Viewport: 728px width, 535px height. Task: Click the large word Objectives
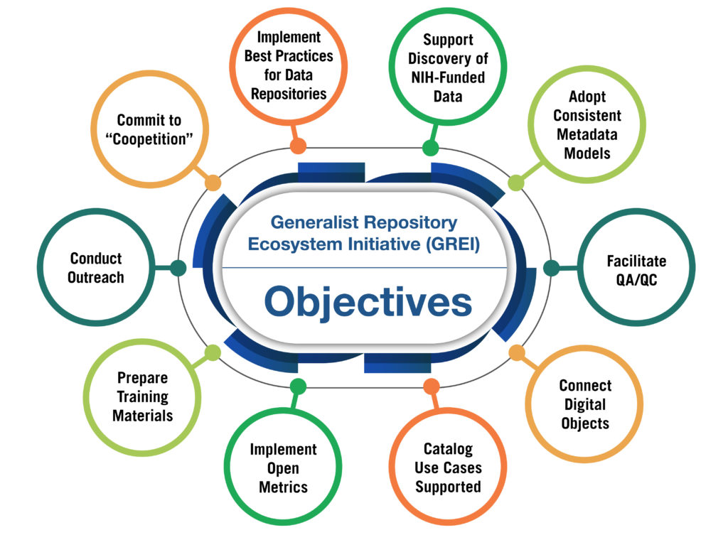click(x=368, y=302)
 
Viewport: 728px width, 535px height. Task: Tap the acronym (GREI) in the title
click(x=453, y=244)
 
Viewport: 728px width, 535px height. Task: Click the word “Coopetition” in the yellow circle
click(x=149, y=139)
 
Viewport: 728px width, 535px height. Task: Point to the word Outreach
click(x=96, y=278)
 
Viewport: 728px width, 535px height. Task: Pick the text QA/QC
click(x=636, y=280)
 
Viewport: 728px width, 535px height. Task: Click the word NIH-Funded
click(x=448, y=77)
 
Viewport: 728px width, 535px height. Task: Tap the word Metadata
click(x=587, y=134)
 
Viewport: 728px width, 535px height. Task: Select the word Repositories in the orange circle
click(x=289, y=94)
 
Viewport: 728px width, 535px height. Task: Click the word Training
click(x=142, y=397)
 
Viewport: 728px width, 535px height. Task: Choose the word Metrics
click(x=283, y=487)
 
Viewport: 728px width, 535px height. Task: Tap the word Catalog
click(x=448, y=449)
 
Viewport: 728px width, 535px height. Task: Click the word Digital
click(x=585, y=404)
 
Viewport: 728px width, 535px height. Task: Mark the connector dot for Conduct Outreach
click(x=178, y=268)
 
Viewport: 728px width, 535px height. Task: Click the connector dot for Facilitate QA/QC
click(x=551, y=268)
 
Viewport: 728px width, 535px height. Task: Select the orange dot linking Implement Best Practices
click(x=298, y=146)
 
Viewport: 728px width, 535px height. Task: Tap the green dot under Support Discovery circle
click(x=430, y=148)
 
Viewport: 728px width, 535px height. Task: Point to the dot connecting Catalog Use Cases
click(x=432, y=386)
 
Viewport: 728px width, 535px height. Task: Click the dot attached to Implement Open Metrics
click(x=298, y=386)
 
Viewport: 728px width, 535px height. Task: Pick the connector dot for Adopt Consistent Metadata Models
click(x=516, y=183)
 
